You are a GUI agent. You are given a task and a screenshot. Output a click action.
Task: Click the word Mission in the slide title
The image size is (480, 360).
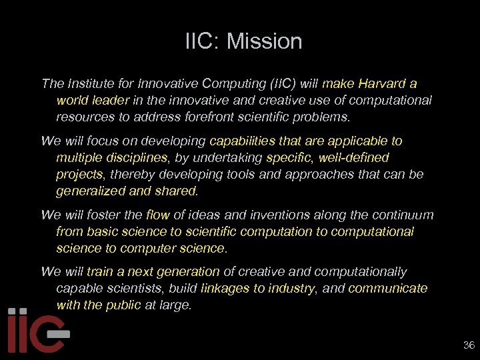[x=264, y=41]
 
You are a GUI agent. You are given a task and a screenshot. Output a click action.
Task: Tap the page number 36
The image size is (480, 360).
[x=469, y=345]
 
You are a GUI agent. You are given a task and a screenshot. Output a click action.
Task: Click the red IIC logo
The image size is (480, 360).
[x=37, y=331]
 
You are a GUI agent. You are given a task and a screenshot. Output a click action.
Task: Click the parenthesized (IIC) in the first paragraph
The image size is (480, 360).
[x=283, y=84]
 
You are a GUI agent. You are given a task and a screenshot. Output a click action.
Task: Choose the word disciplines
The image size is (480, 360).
[x=133, y=158]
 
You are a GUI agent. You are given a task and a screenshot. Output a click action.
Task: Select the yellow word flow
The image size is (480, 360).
[x=158, y=215]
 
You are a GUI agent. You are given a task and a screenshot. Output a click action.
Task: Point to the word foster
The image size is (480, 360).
[x=87, y=215]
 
